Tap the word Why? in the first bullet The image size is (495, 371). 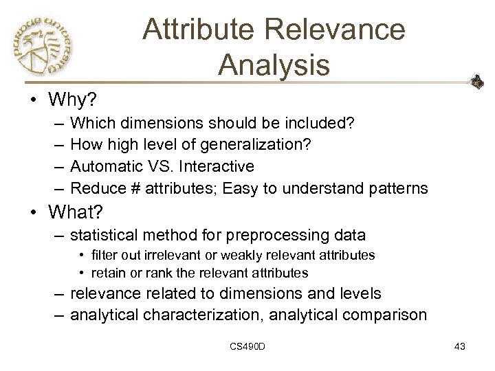coord(74,100)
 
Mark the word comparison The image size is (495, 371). coord(390,315)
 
